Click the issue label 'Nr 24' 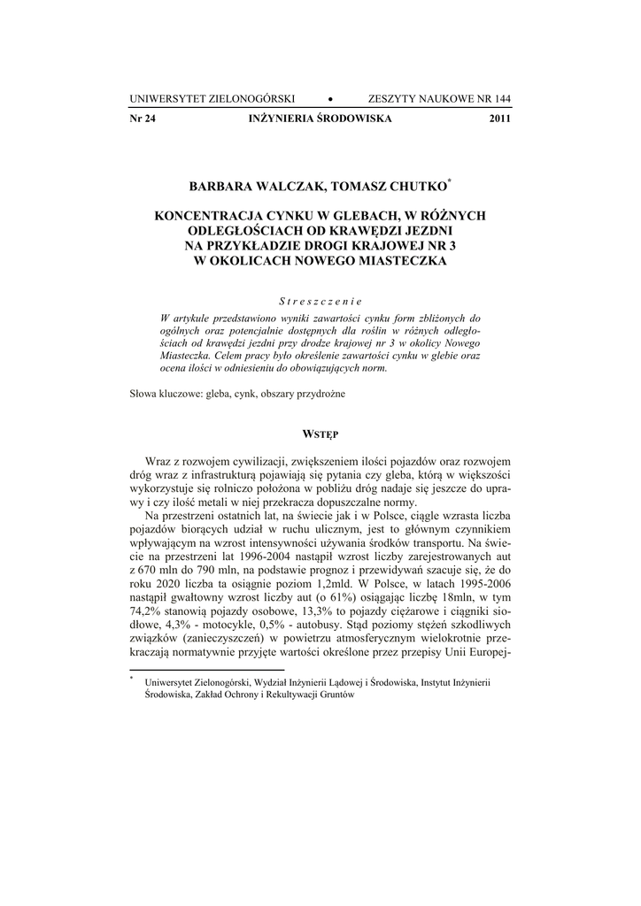tap(143, 118)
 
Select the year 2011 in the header tap(500, 118)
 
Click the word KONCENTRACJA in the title tap(209, 215)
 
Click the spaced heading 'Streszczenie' tap(320, 300)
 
